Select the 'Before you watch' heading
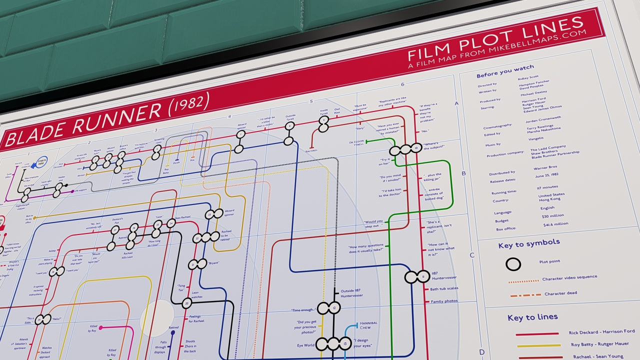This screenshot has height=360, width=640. point(505,70)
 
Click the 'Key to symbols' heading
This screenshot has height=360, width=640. point(529,244)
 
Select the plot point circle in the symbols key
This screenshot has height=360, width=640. point(513,264)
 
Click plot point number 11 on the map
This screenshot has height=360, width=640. point(423,276)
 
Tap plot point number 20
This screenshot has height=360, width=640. point(187,302)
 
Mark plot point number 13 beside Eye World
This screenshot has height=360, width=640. point(345,344)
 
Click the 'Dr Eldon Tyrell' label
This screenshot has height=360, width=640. point(356,144)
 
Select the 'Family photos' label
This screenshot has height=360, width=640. point(444,301)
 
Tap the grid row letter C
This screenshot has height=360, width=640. point(471,255)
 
